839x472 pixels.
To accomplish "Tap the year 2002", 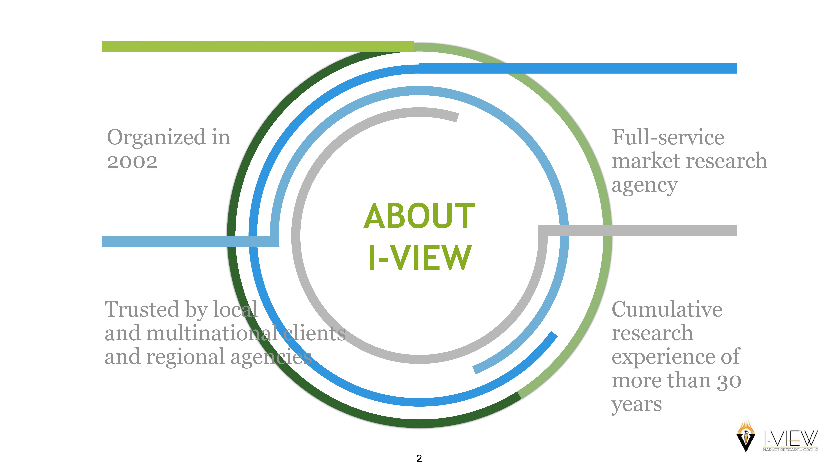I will (132, 162).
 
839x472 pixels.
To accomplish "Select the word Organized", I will (156, 138).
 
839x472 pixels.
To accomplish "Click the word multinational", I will (213, 333).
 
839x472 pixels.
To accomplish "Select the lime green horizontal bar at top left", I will (257, 47).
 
